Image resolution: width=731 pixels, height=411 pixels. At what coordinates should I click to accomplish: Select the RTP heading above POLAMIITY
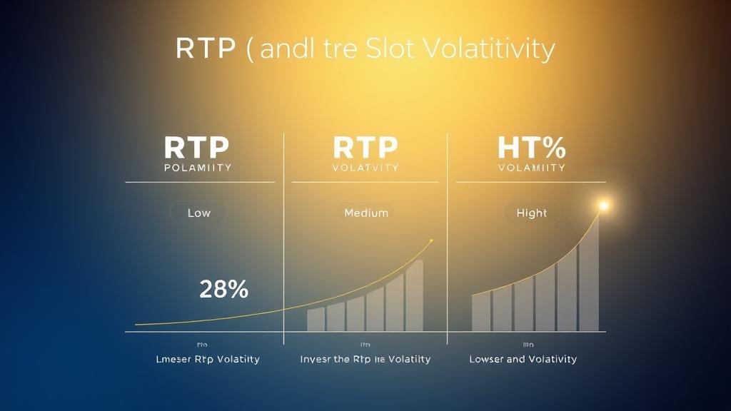(196, 148)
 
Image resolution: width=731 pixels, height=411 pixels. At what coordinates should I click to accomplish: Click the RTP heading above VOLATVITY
(365, 148)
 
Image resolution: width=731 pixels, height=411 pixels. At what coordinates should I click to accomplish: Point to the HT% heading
(531, 148)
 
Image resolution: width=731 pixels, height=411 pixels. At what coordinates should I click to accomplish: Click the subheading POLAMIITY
(198, 168)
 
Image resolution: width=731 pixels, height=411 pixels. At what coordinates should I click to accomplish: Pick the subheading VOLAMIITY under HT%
(532, 168)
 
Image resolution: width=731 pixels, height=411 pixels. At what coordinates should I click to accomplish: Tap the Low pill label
(198, 213)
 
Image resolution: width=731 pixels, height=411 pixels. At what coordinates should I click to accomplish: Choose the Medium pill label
(365, 213)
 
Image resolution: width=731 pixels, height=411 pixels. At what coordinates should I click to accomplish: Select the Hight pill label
(531, 213)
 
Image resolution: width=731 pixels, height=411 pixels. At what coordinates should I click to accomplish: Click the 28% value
(223, 289)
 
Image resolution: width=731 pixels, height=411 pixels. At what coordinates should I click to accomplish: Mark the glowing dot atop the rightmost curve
(603, 206)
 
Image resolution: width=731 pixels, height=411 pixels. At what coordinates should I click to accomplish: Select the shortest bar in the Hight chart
(481, 312)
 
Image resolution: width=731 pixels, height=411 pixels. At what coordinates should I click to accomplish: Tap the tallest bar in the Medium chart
(414, 295)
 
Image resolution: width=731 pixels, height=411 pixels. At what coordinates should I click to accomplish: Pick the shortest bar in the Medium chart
(316, 320)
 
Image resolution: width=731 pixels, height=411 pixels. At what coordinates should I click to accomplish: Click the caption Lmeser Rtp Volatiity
(208, 359)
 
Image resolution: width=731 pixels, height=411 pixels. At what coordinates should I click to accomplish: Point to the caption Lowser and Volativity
(523, 359)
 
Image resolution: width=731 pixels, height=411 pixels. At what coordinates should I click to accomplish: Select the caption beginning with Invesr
(365, 359)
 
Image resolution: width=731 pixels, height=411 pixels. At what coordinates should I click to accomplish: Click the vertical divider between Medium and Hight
(448, 235)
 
